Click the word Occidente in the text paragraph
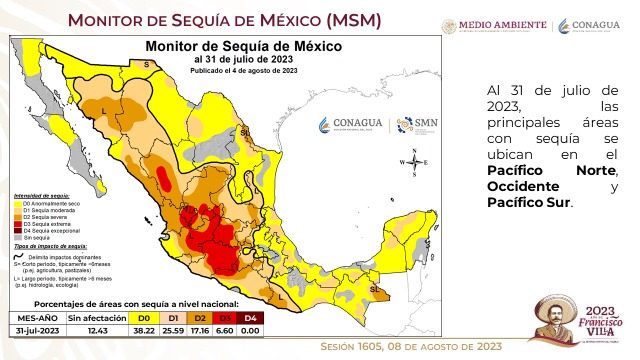pyautogui.click(x=523, y=187)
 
